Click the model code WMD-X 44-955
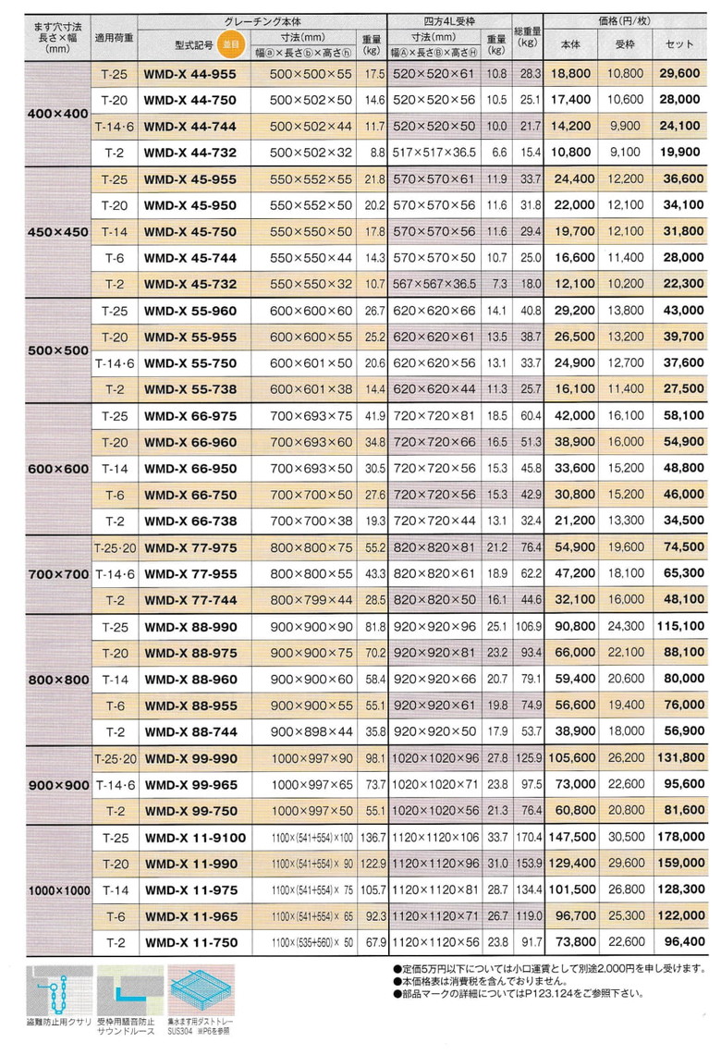(x=190, y=73)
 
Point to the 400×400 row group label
(x=56, y=113)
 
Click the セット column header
(x=679, y=43)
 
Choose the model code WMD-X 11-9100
(x=195, y=838)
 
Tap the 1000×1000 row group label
(x=56, y=890)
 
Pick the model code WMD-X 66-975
(x=190, y=416)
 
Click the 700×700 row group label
(x=56, y=574)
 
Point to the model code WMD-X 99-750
(x=190, y=811)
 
